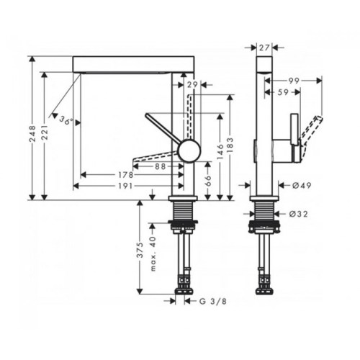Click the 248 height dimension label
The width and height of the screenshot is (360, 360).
(x=32, y=133)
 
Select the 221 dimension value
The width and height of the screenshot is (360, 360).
(x=45, y=132)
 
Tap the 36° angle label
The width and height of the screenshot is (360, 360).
(x=66, y=120)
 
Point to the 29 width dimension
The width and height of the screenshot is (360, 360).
(x=192, y=84)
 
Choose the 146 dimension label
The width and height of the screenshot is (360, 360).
(x=220, y=152)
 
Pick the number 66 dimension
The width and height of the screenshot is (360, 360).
(x=208, y=181)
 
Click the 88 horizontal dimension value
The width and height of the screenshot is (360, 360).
(x=161, y=166)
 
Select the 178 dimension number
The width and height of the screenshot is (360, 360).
(x=125, y=175)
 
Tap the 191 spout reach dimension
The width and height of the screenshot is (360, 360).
(x=125, y=186)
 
